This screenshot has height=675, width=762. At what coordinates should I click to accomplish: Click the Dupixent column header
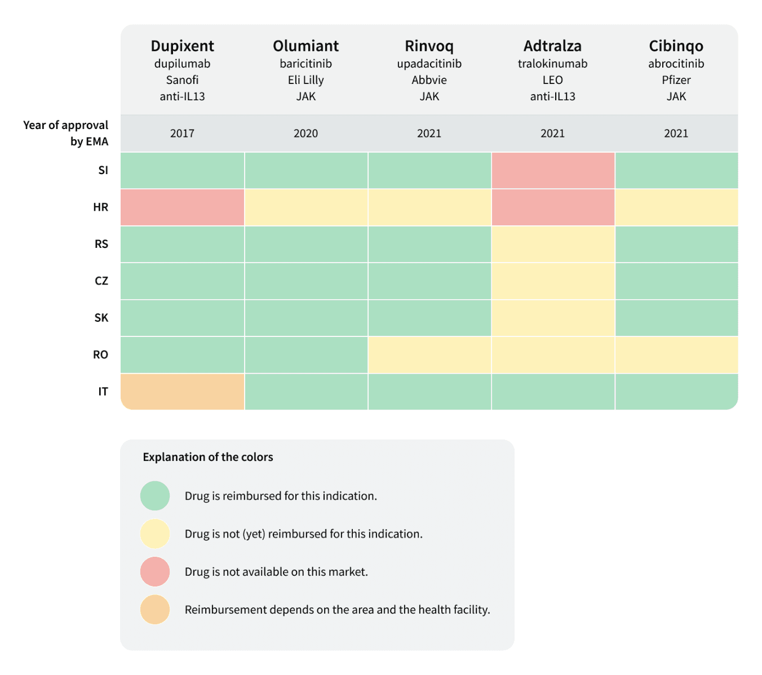pos(182,46)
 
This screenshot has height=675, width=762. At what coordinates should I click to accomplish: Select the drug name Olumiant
pos(305,46)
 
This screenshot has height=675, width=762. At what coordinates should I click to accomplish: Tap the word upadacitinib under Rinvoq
pos(429,64)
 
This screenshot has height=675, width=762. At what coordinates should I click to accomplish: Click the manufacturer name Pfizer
pos(676,79)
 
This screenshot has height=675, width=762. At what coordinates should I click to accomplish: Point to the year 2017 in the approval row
pos(182,133)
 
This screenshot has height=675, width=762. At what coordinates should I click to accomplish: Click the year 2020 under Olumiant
pos(305,133)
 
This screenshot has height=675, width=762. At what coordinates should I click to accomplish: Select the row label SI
pos(103,170)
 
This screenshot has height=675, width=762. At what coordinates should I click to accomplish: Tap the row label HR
pos(100,207)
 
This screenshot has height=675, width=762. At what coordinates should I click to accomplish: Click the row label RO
pos(100,354)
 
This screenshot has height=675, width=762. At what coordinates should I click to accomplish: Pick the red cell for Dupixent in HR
pos(183,207)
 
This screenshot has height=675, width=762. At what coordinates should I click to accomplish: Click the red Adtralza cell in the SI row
pos(553,170)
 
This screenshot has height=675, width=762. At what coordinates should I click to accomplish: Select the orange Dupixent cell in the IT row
pos(183,391)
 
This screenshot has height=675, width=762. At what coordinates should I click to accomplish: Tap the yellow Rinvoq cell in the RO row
pos(429,354)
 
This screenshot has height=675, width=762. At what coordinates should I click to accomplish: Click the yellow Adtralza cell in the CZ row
pos(553,281)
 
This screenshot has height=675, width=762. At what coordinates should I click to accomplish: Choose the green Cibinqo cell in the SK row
pos(677,318)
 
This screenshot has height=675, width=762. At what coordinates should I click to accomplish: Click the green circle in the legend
pos(155,496)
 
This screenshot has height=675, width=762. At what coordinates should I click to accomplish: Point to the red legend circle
pos(155,571)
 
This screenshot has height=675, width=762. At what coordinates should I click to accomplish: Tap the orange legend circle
pos(155,610)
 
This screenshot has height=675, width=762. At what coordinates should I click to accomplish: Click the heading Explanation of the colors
pos(208,457)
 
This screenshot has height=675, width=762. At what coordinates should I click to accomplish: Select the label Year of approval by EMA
pos(66,133)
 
